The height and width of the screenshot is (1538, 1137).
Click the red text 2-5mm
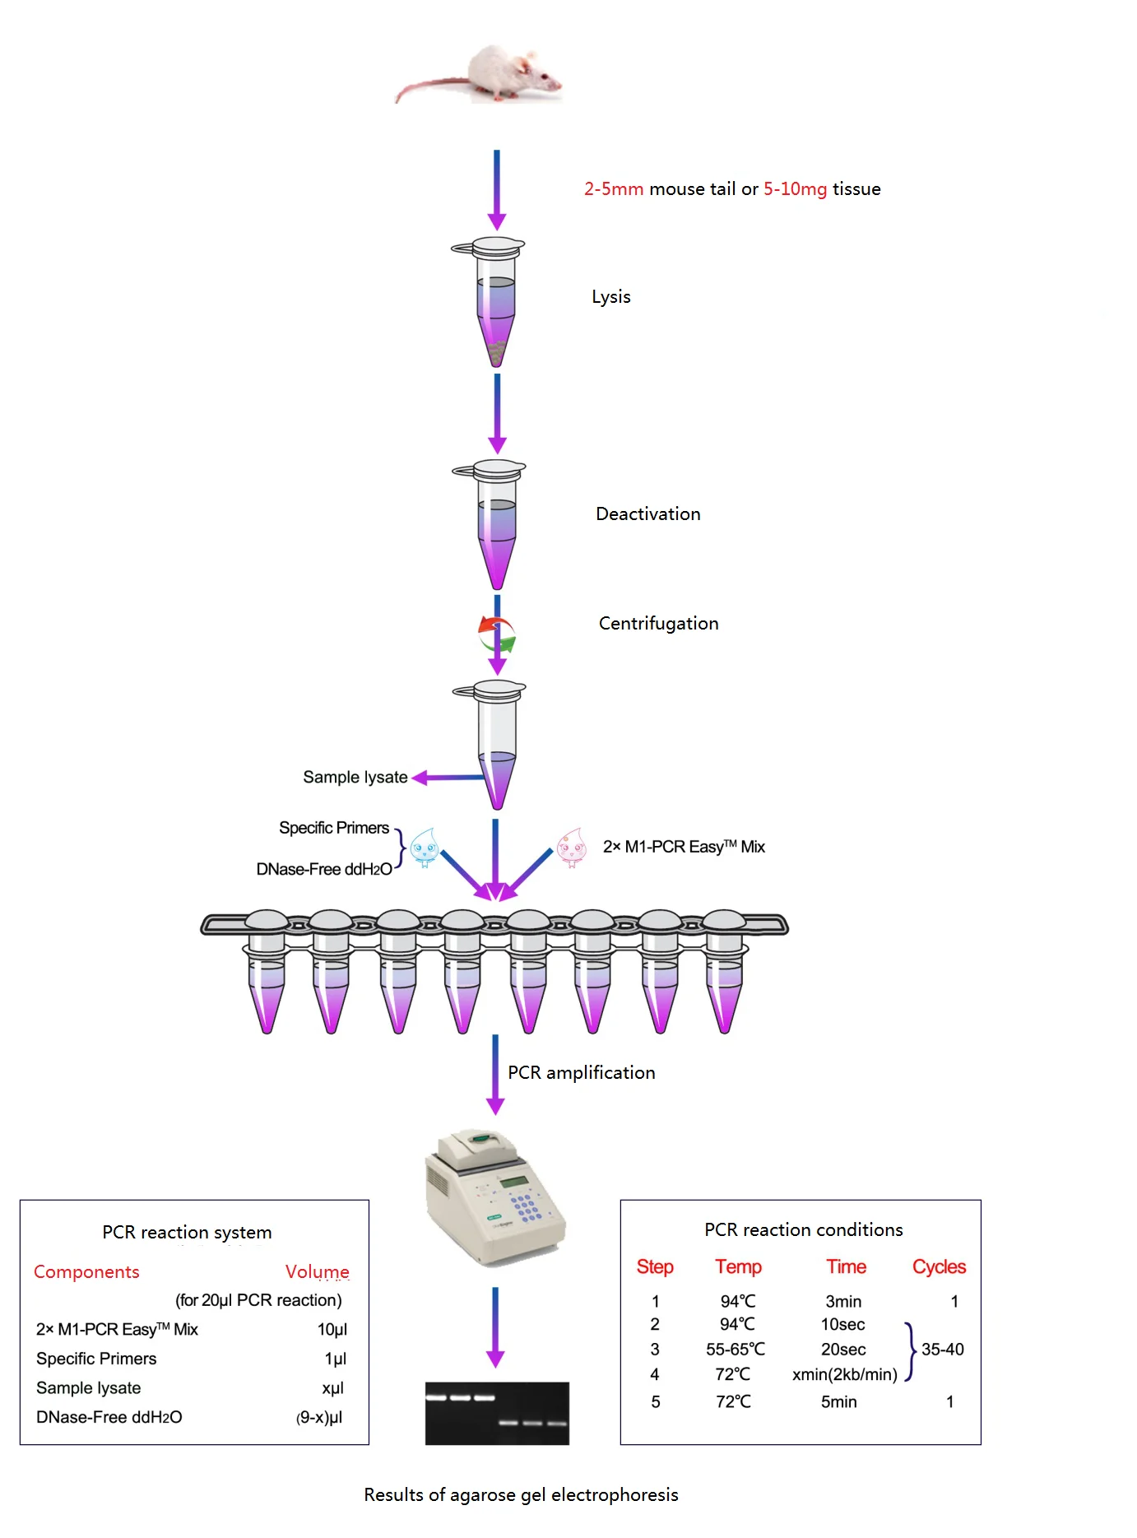coord(613,189)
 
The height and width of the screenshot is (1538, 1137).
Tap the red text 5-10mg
coord(795,189)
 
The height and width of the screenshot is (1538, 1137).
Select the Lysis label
coord(610,297)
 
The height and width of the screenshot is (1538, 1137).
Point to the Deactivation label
coord(647,514)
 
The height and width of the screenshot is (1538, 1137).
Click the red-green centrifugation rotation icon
coord(497,634)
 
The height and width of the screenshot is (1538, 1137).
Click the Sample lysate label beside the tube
coord(355,778)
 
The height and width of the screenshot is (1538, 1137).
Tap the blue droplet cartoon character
coord(425,848)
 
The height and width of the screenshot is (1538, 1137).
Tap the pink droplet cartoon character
coord(572,848)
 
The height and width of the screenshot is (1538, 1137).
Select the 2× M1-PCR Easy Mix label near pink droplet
coord(683,847)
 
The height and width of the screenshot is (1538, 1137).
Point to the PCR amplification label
coord(581,1073)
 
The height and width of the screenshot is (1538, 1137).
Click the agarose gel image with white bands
coord(497,1413)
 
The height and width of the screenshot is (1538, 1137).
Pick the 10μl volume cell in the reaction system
coord(332,1330)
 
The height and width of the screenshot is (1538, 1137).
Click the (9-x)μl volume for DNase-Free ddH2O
coord(319,1418)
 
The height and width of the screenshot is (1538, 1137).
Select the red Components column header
coord(86,1272)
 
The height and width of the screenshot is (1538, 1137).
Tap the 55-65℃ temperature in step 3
coord(735,1350)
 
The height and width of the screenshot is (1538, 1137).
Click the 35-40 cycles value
coord(942,1350)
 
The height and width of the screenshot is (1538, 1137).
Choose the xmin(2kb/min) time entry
coord(844,1375)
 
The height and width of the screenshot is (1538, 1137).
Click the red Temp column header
coord(738,1267)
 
